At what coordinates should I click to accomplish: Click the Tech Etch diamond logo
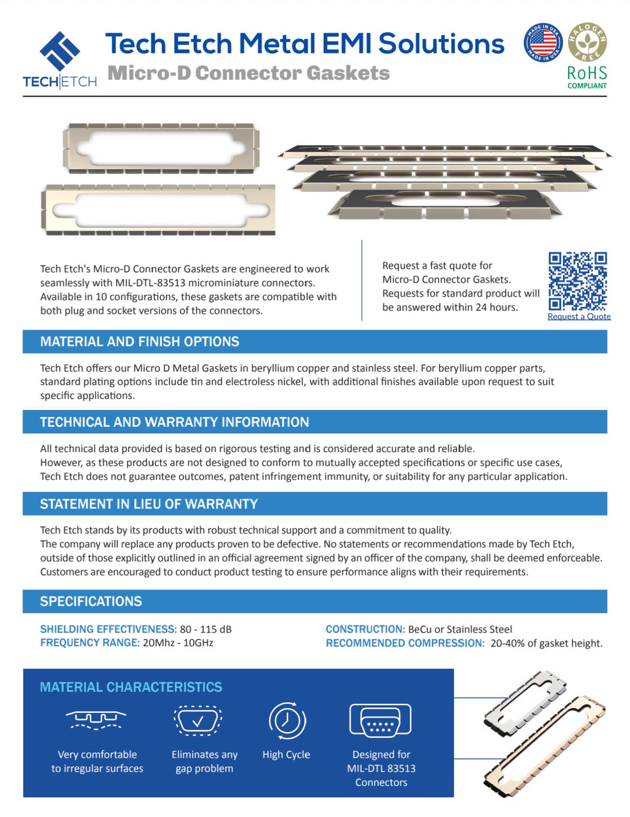pos(60,50)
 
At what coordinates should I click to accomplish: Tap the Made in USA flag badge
pos(543,42)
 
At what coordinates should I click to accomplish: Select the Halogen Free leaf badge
pos(587,42)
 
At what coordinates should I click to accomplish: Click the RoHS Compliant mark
pos(587,77)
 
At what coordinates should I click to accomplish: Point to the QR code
pos(578,281)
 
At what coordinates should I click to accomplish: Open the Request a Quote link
pos(579,316)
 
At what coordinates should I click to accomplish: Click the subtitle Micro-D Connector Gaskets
pos(248,73)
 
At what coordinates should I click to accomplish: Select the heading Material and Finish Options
pos(140,341)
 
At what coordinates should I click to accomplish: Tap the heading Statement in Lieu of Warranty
pos(149,504)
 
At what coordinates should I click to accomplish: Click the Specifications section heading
pos(91,601)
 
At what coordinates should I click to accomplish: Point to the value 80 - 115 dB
pos(206,629)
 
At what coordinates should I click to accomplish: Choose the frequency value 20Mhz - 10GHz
pos(178,643)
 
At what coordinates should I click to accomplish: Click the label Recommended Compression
pos(405,643)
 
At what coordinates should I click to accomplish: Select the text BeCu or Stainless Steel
pos(460,629)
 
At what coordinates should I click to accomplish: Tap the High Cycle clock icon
pos(287,721)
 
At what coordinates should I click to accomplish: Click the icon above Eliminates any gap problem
pos(198,721)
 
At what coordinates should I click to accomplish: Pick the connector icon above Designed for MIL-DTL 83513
pos(380,720)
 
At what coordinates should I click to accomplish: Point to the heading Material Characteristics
pos(131,687)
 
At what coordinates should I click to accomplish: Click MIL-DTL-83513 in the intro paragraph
pos(150,283)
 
